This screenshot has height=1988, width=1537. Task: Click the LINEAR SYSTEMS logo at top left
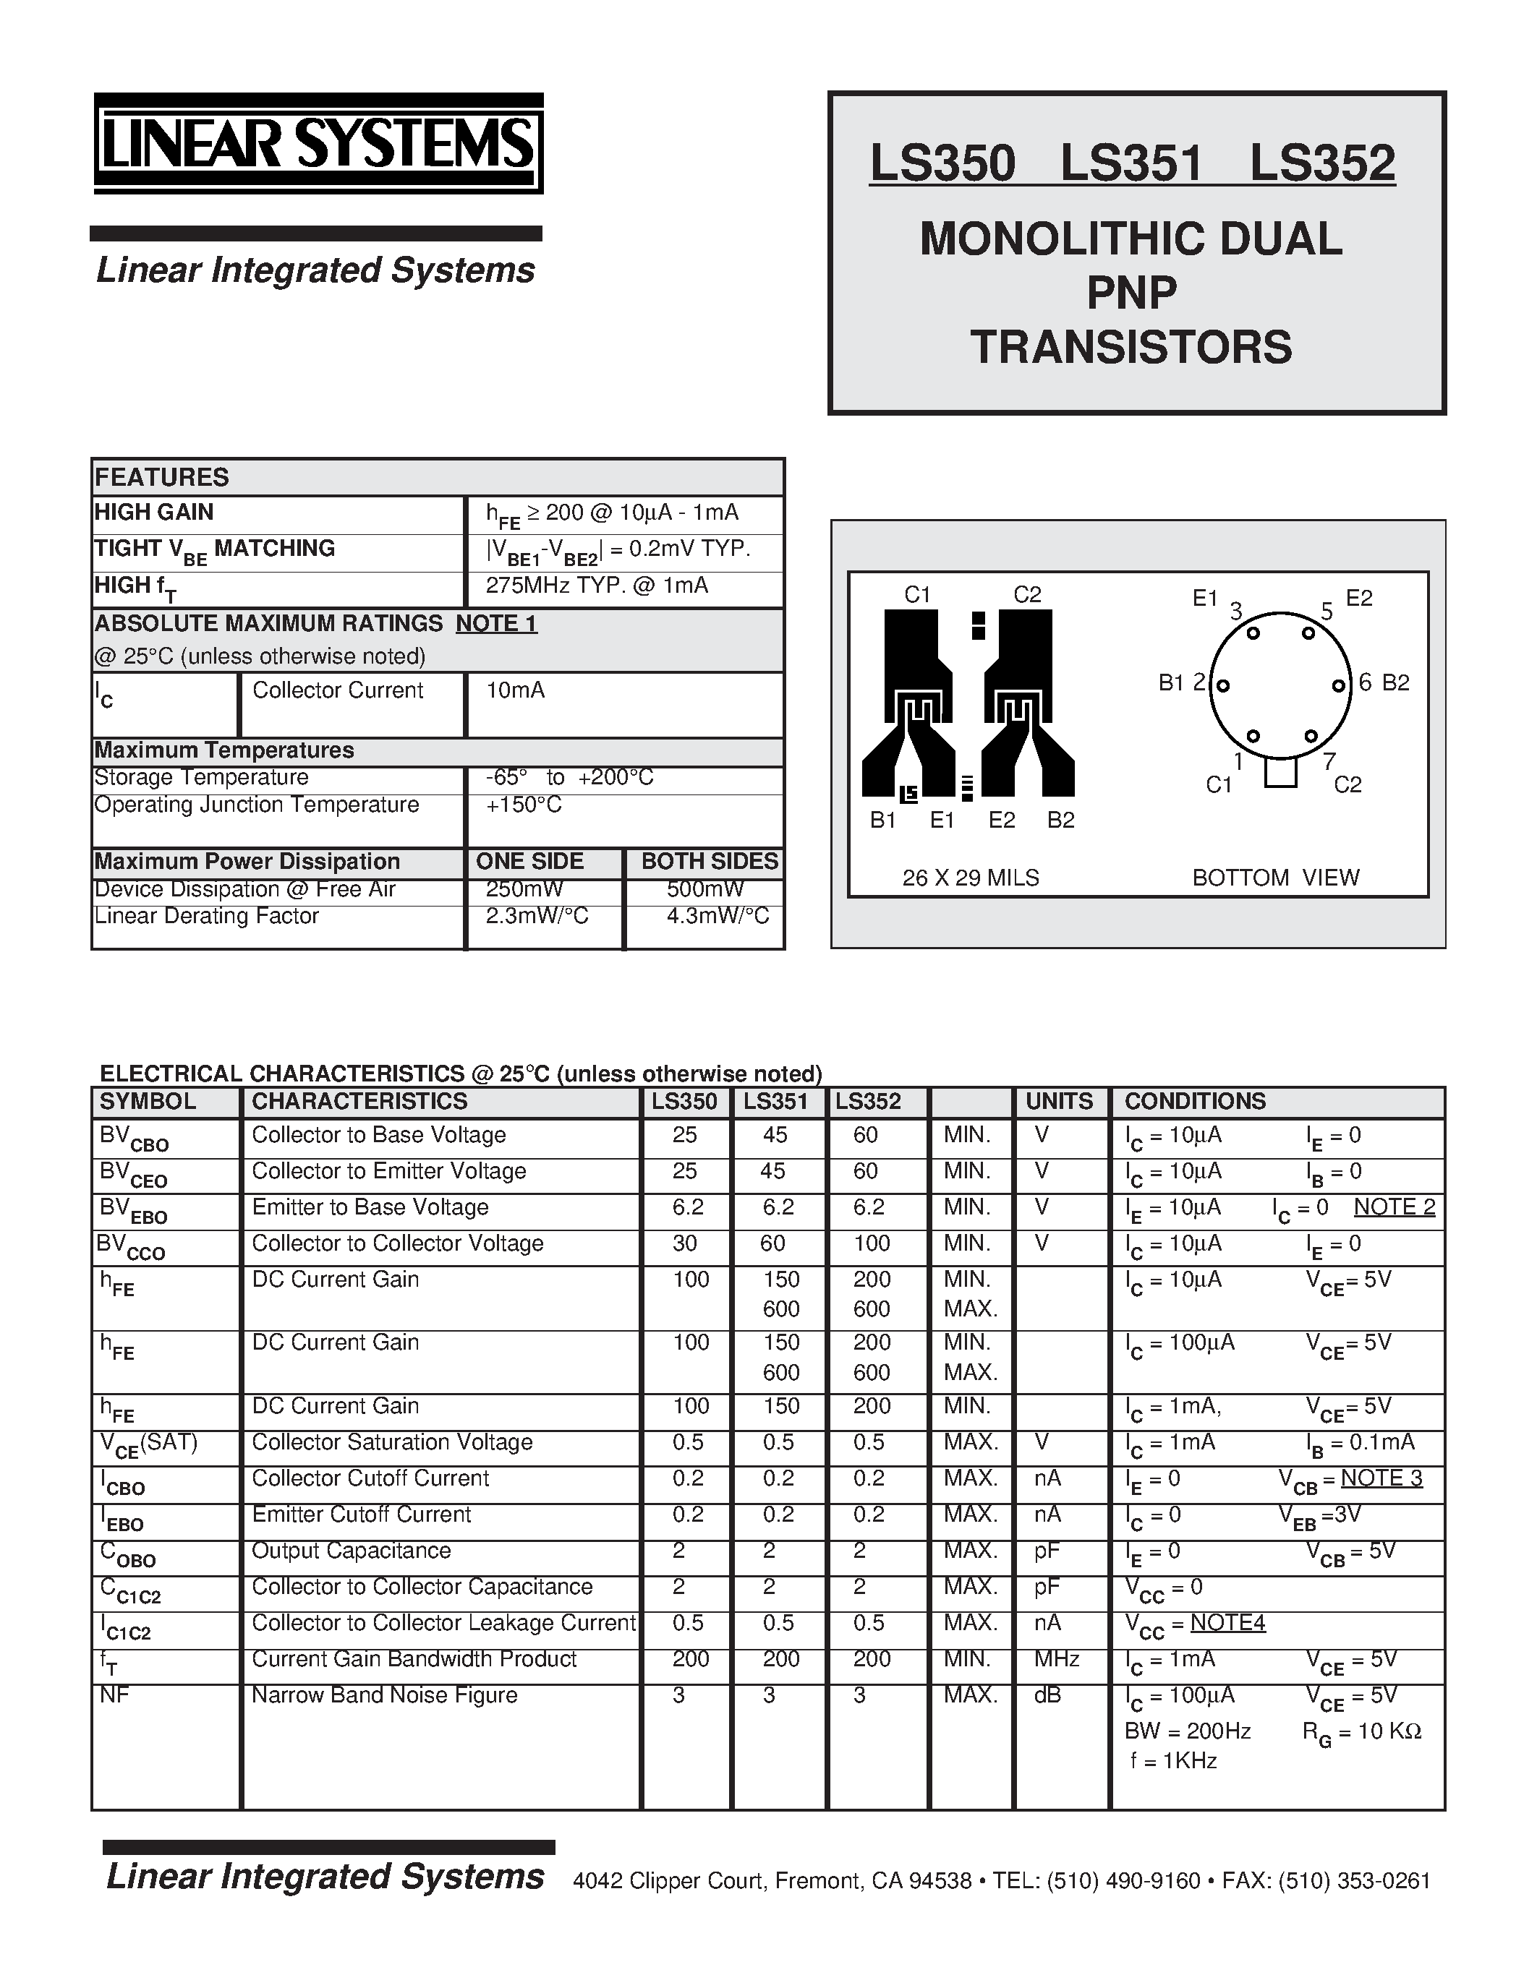point(318,144)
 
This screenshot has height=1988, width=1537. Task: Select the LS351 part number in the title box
point(1132,163)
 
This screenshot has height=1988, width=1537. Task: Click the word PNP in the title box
point(1132,292)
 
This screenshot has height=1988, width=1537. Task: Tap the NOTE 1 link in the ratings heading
point(496,624)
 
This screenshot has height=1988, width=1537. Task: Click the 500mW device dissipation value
point(704,889)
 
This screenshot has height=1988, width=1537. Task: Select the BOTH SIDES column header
point(710,861)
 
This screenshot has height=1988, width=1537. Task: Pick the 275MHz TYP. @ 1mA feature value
point(597,586)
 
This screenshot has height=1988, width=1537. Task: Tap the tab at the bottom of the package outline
point(1280,773)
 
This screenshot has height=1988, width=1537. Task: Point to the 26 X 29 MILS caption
point(971,878)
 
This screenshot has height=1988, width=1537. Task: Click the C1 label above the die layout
point(917,594)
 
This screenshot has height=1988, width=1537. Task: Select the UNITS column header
point(1059,1102)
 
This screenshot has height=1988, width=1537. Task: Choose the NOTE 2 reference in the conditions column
point(1394,1207)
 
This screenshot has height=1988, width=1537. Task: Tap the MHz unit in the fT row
point(1056,1659)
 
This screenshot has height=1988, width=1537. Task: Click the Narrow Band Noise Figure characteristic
point(384,1695)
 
